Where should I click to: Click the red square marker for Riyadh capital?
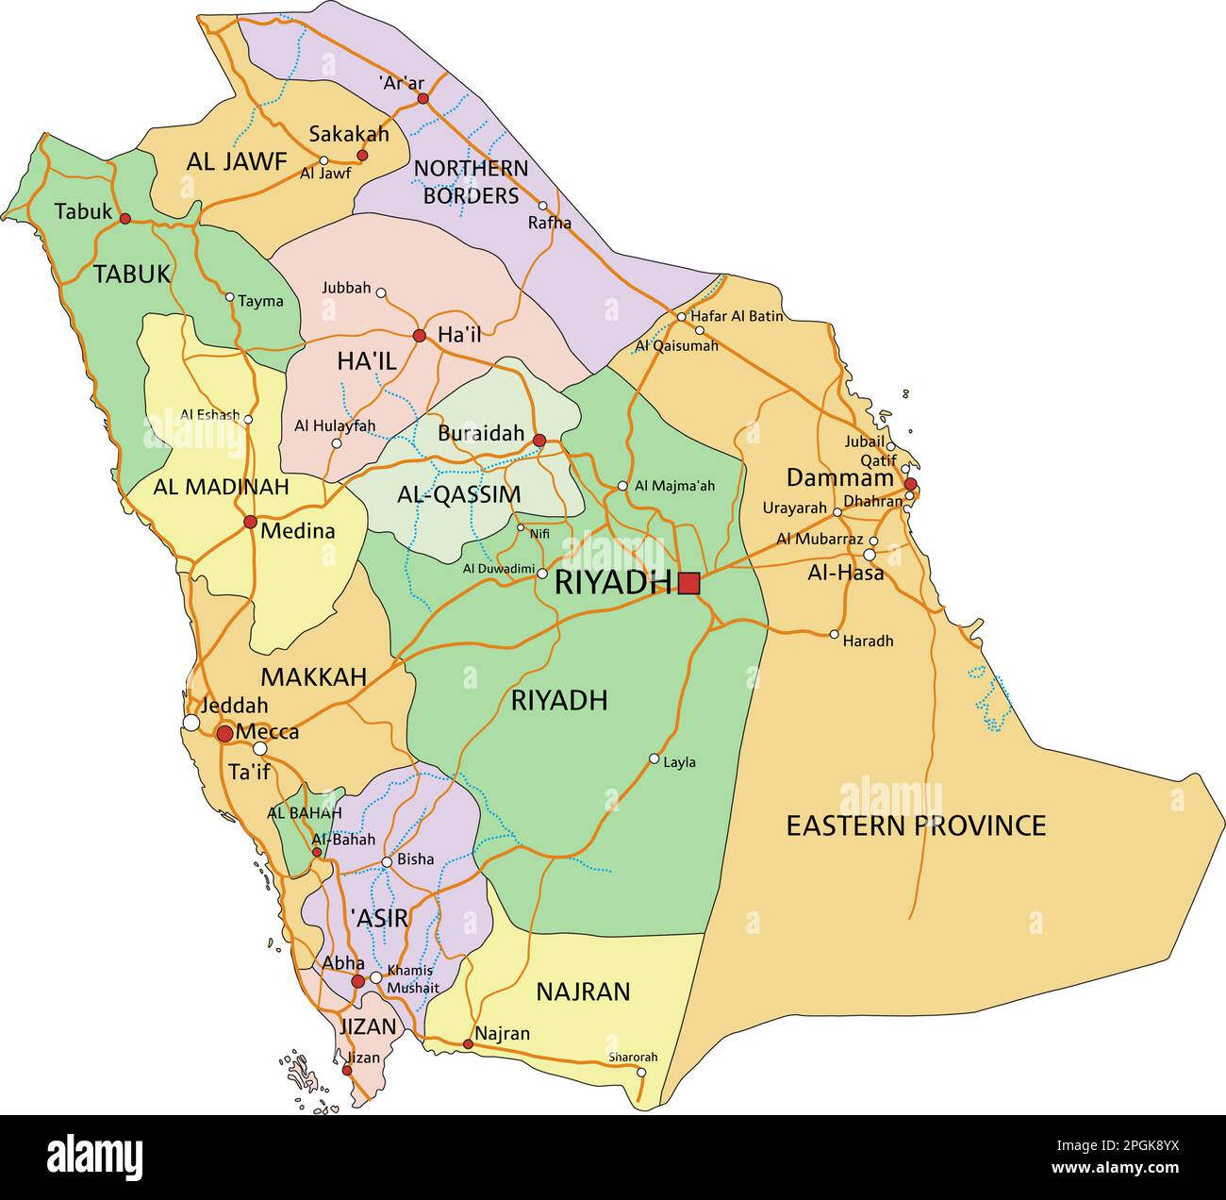click(688, 583)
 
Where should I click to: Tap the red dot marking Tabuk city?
click(124, 219)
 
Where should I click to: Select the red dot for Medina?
click(250, 522)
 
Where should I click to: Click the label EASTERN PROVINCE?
click(916, 825)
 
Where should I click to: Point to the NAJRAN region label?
click(583, 992)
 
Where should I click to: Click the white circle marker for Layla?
click(654, 758)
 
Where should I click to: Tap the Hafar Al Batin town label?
click(737, 316)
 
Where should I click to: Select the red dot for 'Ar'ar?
click(422, 98)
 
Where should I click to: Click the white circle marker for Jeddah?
click(191, 723)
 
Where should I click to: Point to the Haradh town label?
click(868, 641)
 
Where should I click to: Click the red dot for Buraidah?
click(539, 441)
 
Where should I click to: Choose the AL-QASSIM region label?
click(458, 494)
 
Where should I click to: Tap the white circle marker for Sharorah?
click(641, 1072)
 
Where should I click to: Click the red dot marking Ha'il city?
click(420, 335)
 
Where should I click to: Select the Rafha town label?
click(550, 223)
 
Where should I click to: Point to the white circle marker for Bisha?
click(387, 861)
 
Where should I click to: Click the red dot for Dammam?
click(910, 484)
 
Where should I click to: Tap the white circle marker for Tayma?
click(229, 296)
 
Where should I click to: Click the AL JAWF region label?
click(236, 161)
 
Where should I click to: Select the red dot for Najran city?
click(468, 1043)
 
